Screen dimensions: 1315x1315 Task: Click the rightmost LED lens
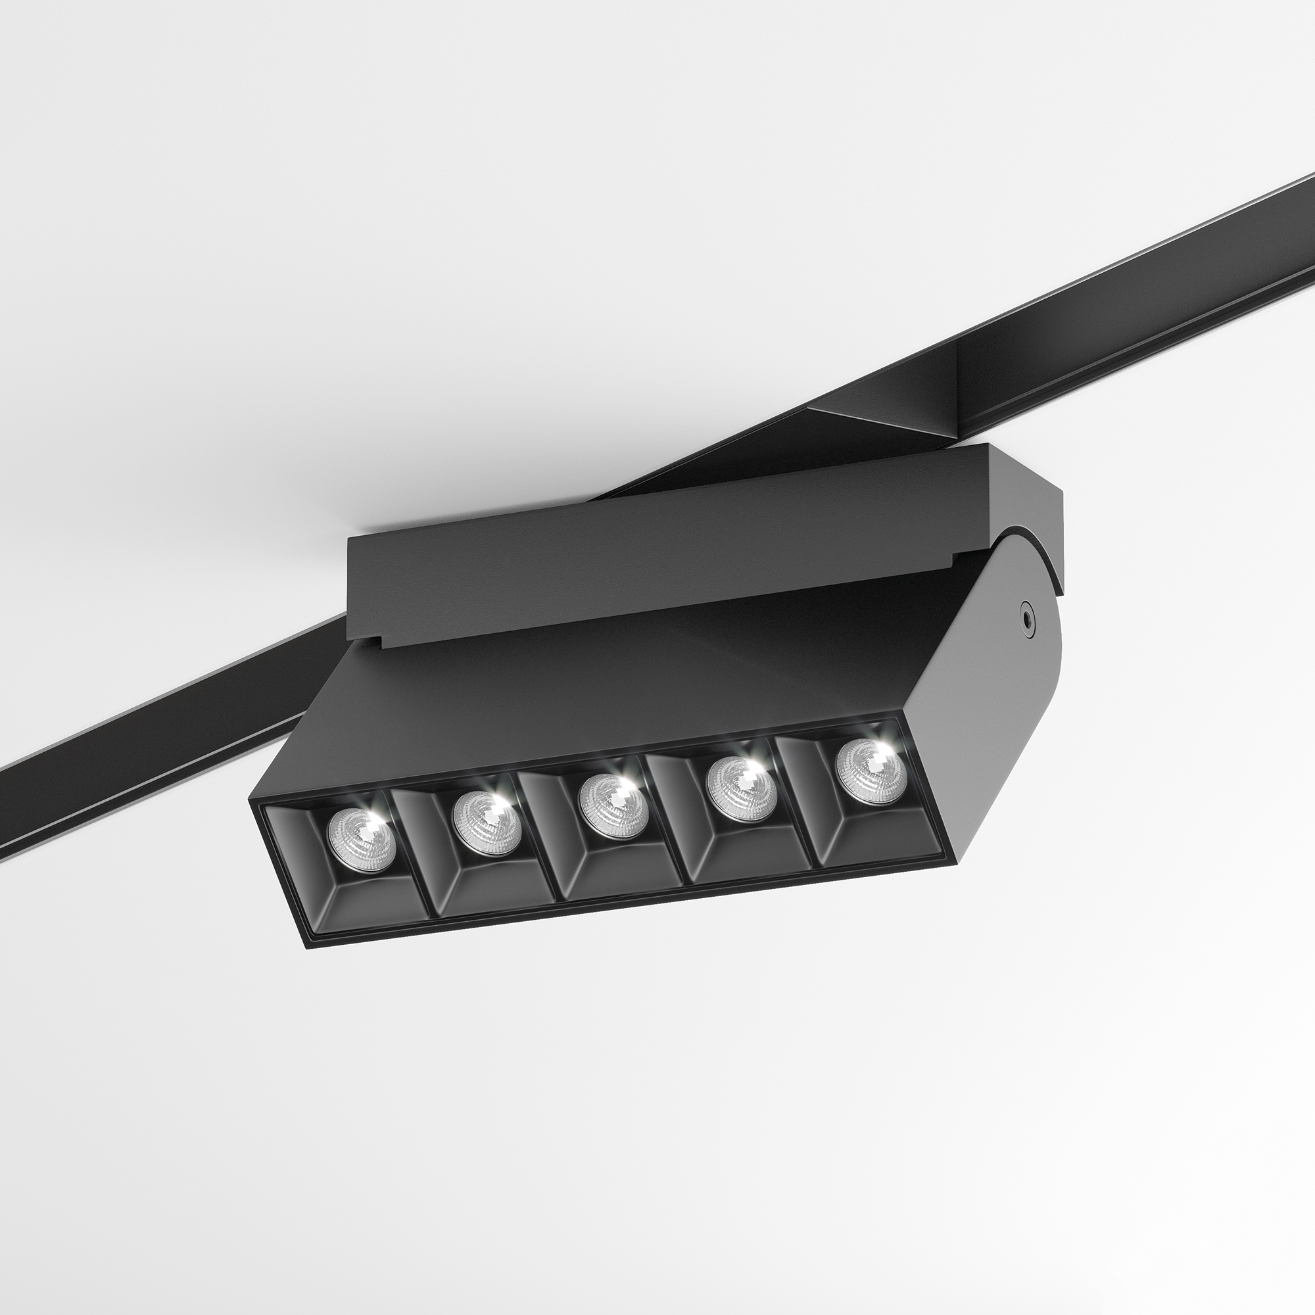point(871,772)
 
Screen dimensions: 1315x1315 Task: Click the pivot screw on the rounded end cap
point(1024,615)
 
